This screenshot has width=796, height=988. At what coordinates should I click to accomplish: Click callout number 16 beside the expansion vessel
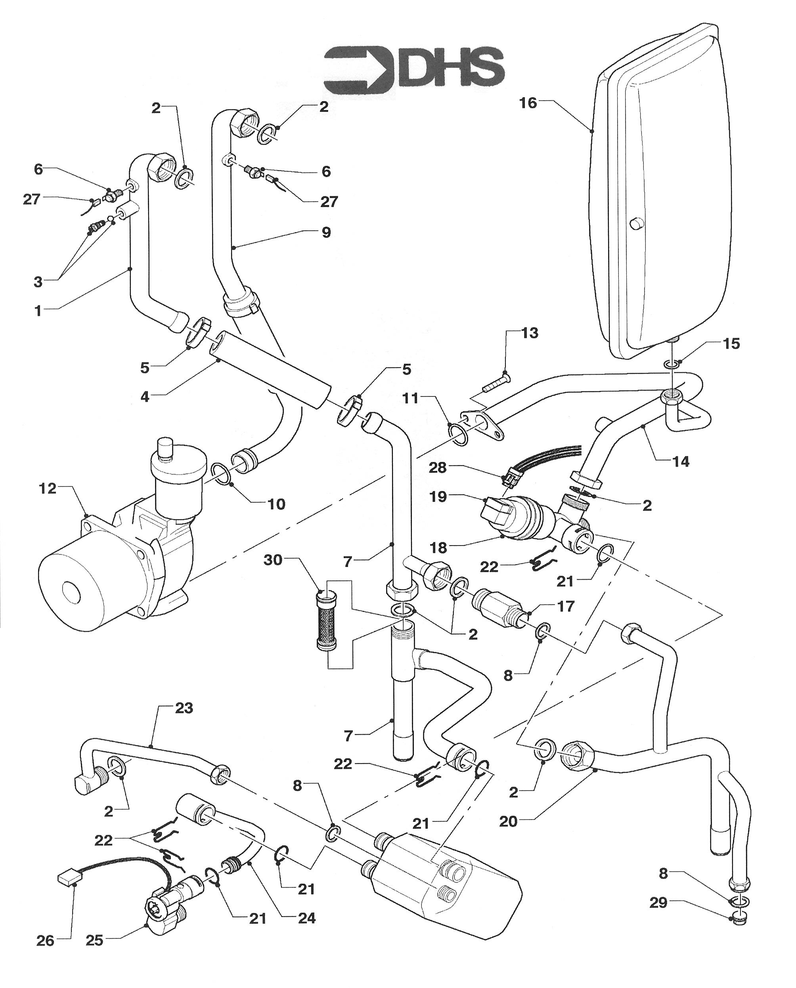coord(528,103)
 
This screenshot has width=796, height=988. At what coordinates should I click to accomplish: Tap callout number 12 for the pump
coord(48,489)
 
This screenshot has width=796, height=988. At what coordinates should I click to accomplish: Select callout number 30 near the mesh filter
coord(273,560)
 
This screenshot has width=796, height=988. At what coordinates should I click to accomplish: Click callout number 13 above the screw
coord(530,333)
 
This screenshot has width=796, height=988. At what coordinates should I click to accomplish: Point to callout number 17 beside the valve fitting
coord(566,606)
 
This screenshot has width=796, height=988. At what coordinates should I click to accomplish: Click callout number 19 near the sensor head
coord(438,496)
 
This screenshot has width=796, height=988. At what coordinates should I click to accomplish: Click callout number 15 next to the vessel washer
coord(731,343)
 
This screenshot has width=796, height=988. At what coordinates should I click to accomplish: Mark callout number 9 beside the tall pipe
coord(326,232)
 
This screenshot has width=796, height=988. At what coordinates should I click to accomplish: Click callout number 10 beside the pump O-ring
coord(276,504)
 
